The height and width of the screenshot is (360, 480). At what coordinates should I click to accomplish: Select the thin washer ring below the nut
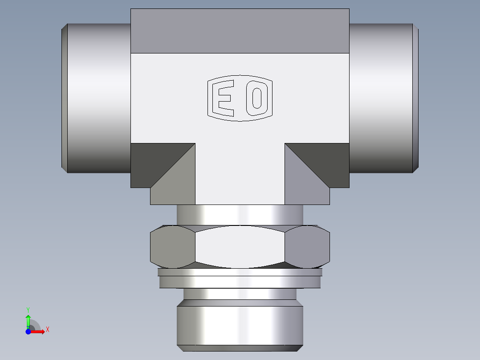tap(240, 281)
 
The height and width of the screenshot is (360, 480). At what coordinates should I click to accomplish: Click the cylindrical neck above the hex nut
tap(240, 214)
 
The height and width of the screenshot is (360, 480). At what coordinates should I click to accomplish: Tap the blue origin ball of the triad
tap(28, 331)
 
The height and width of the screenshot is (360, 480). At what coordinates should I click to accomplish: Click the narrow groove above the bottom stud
tap(240, 294)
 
